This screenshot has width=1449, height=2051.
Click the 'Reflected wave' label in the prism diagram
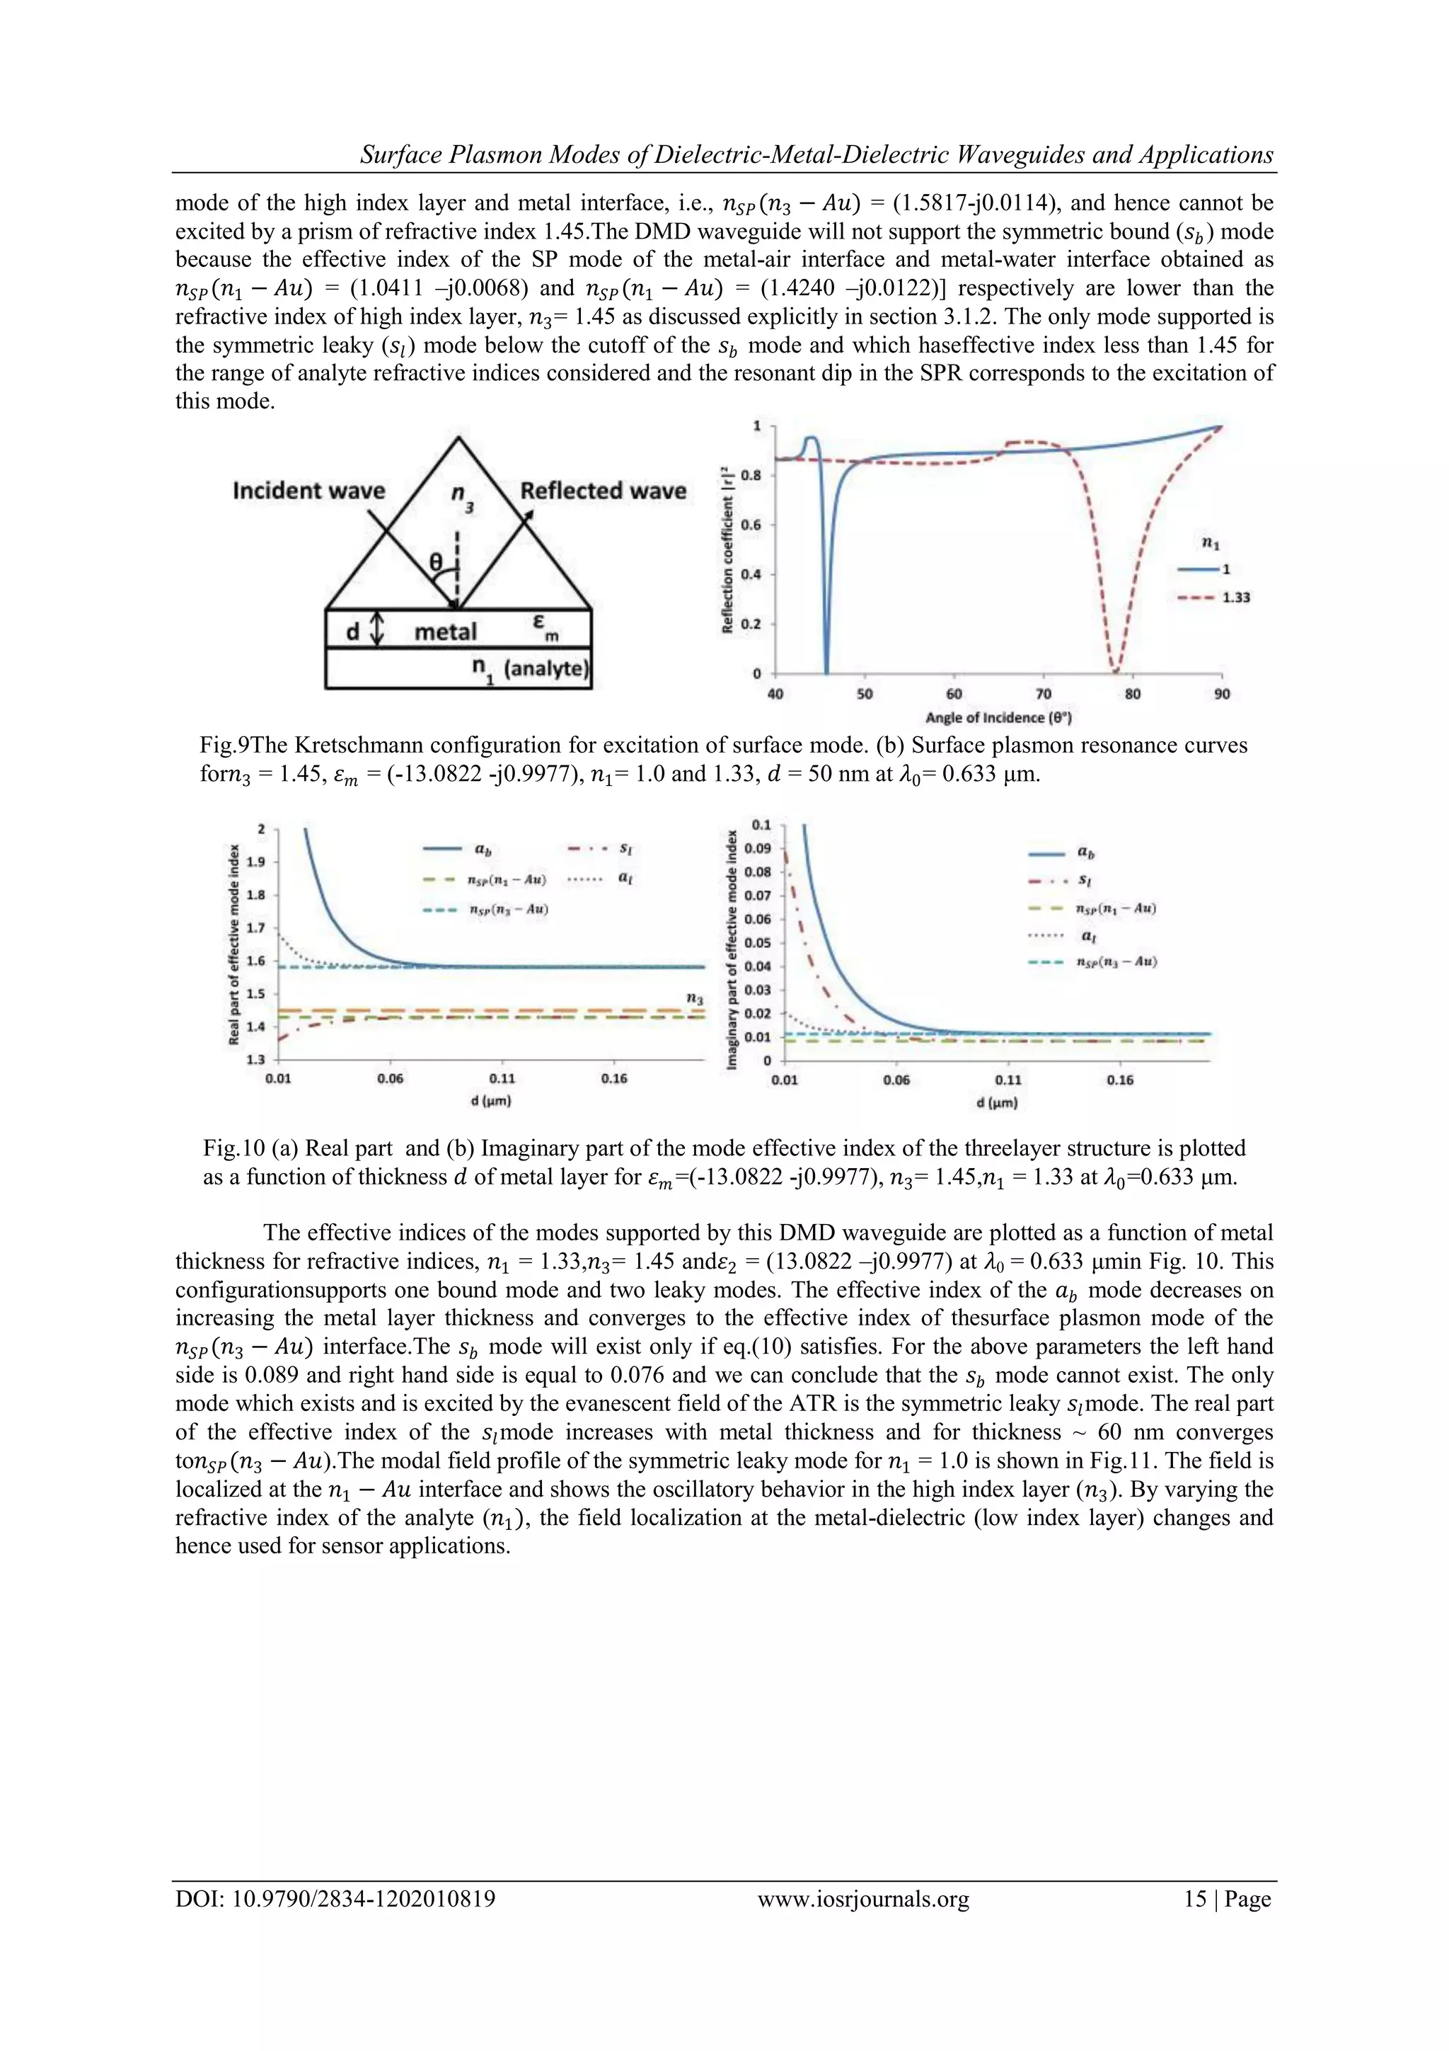click(603, 491)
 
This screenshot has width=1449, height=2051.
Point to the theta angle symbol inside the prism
click(436, 563)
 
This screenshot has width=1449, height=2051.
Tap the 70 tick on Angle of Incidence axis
click(1043, 694)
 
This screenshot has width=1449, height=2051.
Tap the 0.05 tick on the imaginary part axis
click(758, 942)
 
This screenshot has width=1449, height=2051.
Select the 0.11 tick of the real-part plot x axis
click(502, 1078)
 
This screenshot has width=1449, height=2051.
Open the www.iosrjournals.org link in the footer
click(862, 1899)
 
